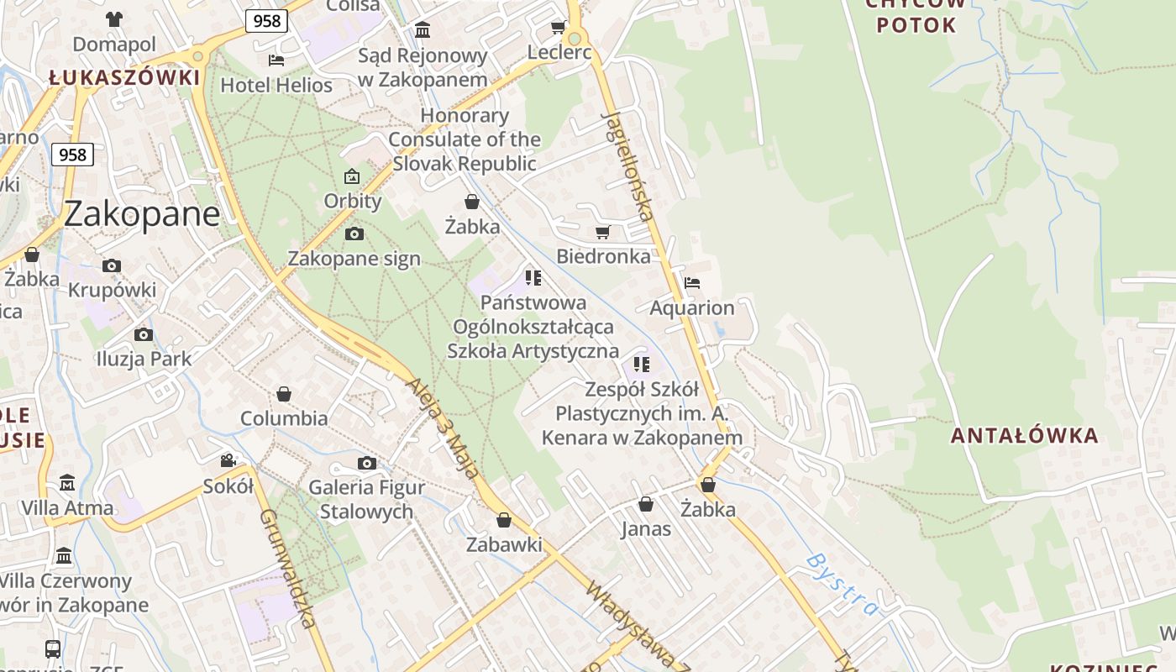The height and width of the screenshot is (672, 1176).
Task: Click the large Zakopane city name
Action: coord(141,214)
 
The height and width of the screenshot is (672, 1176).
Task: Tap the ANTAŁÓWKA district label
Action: coord(1024,435)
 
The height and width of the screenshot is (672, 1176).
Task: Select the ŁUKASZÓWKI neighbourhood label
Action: coord(124,78)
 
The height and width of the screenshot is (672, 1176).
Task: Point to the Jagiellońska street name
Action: coord(628,165)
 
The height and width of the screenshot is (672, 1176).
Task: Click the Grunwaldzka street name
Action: coord(288,568)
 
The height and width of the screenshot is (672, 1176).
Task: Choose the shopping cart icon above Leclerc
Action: coord(558,28)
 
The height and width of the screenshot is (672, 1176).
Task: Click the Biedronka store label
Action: coord(603,256)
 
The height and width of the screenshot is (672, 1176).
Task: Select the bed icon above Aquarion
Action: coord(692,282)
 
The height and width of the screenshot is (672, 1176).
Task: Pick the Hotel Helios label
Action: coord(276,85)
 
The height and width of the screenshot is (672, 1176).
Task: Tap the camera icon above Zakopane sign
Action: coord(354,234)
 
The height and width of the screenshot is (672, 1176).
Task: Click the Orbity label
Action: coord(353,202)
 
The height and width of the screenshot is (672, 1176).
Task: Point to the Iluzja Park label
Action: coord(144,359)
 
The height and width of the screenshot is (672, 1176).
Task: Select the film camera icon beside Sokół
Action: coord(228,460)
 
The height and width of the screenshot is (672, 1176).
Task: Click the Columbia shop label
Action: coord(284,418)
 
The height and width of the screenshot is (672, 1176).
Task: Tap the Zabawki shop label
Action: coord(504,544)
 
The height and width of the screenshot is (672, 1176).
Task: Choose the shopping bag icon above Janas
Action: coord(646,504)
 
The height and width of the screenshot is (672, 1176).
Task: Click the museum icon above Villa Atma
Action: coord(67,483)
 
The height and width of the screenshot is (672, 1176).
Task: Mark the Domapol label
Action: coord(114,45)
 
